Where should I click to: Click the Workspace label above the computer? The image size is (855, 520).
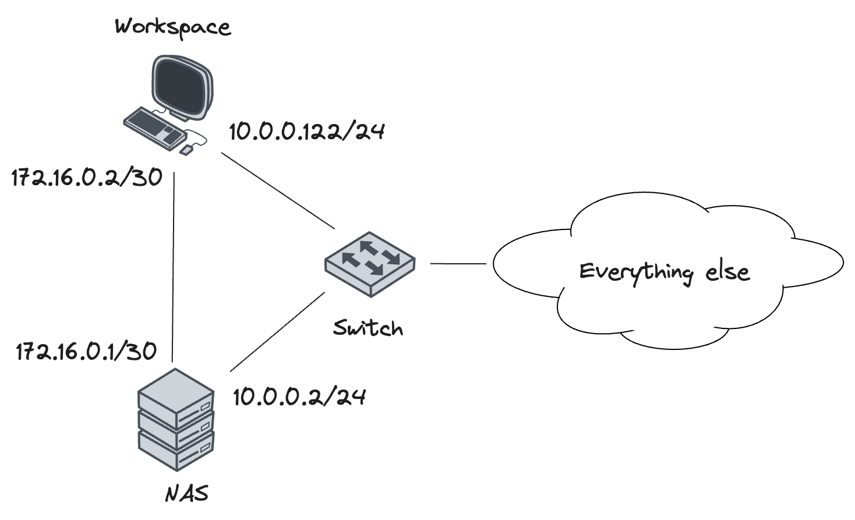[173, 27]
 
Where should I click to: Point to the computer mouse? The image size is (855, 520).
[186, 150]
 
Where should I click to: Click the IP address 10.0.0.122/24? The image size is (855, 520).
[307, 132]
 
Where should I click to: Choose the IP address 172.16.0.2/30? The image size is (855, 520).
[87, 178]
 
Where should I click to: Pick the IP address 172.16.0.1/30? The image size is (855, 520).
[86, 351]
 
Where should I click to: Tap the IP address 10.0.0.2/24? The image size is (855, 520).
[299, 397]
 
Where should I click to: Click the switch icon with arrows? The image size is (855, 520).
[370, 263]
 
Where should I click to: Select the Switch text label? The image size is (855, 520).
[368, 328]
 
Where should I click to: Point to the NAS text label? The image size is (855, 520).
[187, 494]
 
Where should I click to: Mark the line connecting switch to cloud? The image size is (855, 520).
[458, 263]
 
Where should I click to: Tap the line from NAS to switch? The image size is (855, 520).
[277, 332]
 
